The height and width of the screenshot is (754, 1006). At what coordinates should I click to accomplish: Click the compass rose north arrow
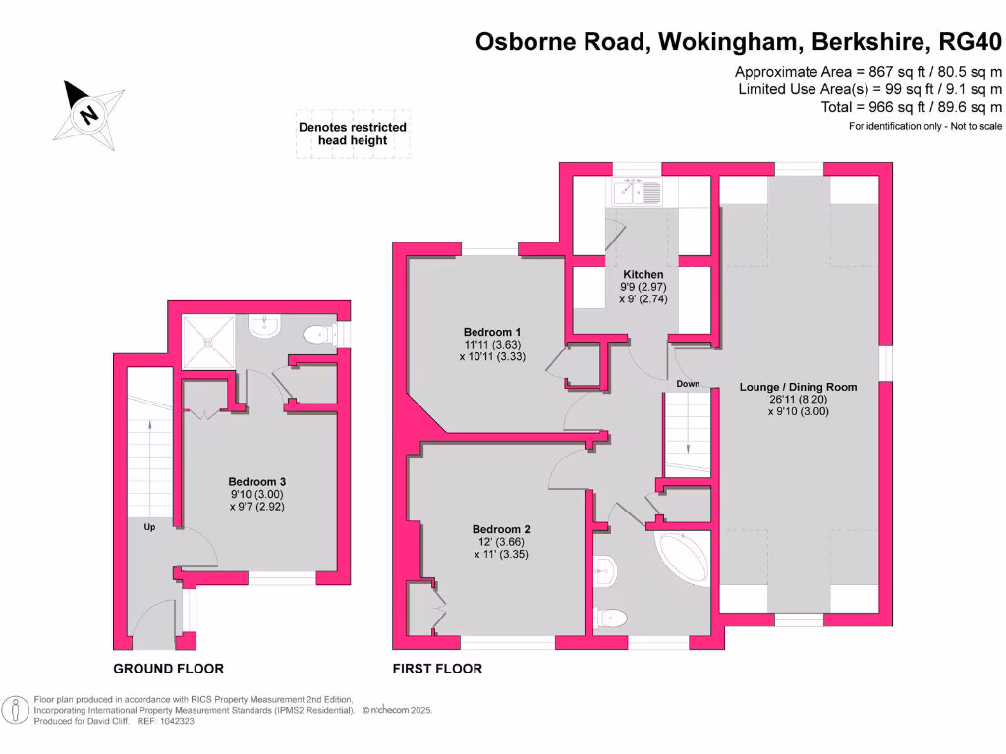pyautogui.click(x=87, y=112)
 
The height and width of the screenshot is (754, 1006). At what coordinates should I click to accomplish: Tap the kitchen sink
pyautogui.click(x=638, y=192)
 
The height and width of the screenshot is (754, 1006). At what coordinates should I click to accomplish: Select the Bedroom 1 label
pyautogui.click(x=492, y=332)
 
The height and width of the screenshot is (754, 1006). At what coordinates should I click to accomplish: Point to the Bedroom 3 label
pyautogui.click(x=256, y=481)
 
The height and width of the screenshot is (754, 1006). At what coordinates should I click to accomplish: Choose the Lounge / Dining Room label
pyautogui.click(x=798, y=387)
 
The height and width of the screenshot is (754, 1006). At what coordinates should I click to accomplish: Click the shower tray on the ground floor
pyautogui.click(x=208, y=343)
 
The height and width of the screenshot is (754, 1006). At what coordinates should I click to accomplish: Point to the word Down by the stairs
pyautogui.click(x=688, y=384)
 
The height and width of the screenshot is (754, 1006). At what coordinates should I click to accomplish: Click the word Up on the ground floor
pyautogui.click(x=150, y=527)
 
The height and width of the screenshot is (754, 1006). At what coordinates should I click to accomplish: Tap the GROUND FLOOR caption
pyautogui.click(x=169, y=669)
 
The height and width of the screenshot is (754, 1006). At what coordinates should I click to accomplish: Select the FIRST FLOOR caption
pyautogui.click(x=437, y=669)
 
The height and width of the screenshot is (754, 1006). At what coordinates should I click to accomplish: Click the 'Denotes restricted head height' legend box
pyautogui.click(x=353, y=134)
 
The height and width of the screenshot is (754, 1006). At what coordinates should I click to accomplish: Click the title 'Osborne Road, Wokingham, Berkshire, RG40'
pyautogui.click(x=739, y=42)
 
